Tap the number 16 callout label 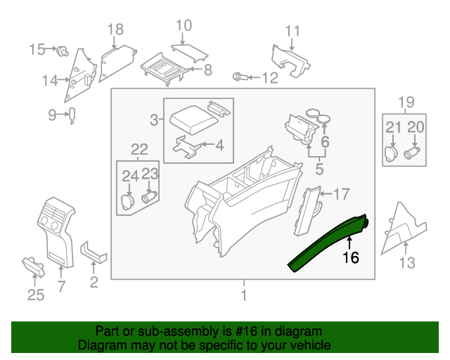pos(350,258)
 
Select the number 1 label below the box pos(243,296)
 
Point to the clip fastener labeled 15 pos(63,50)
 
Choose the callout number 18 pos(115,29)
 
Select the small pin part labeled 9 pos(72,115)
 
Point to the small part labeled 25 pos(34,265)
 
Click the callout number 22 pos(139,148)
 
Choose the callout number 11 pos(292,30)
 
